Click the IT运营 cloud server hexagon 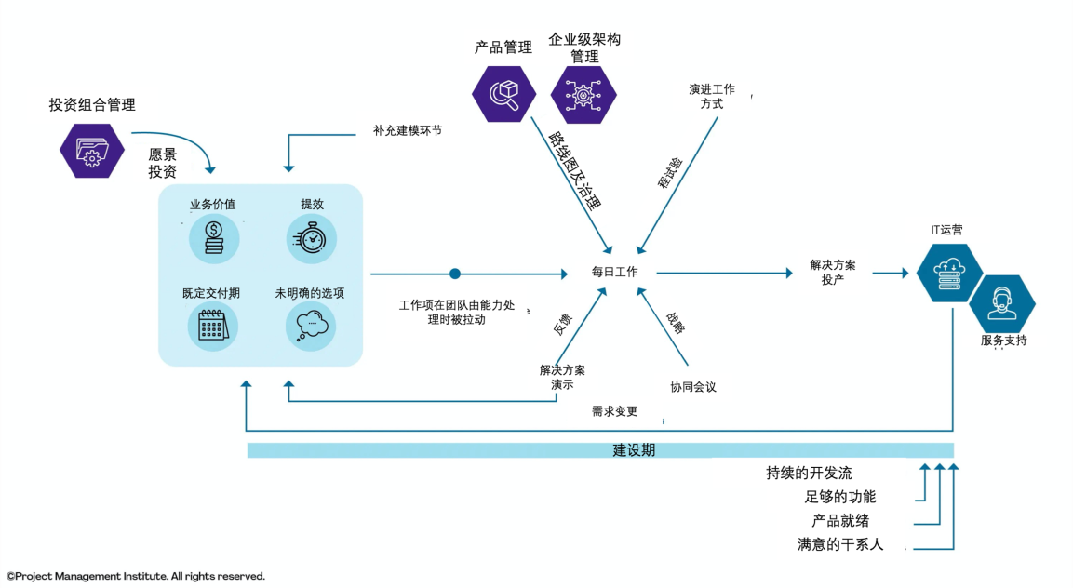pyautogui.click(x=949, y=273)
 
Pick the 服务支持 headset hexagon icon pyautogui.click(x=1002, y=302)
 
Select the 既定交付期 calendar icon pyautogui.click(x=213, y=327)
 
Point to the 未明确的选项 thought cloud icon pyautogui.click(x=311, y=327)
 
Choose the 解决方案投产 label pyautogui.click(x=832, y=273)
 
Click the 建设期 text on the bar pyautogui.click(x=634, y=450)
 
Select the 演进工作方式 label pyautogui.click(x=711, y=96)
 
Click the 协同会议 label pyautogui.click(x=693, y=387)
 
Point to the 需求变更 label pyautogui.click(x=614, y=410)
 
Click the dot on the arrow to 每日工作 pyautogui.click(x=455, y=274)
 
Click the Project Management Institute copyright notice pyautogui.click(x=136, y=576)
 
